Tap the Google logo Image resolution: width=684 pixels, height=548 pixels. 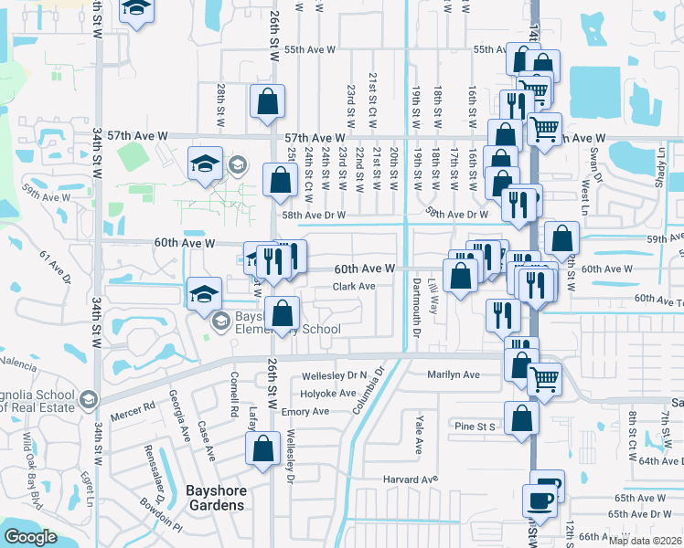pyautogui.click(x=30, y=537)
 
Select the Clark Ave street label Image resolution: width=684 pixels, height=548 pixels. pyautogui.click(x=354, y=287)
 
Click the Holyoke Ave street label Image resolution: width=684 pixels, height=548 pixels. pyautogui.click(x=329, y=394)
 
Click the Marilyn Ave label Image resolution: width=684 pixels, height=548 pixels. pyautogui.click(x=454, y=374)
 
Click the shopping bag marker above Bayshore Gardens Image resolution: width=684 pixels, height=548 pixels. pyautogui.click(x=262, y=448)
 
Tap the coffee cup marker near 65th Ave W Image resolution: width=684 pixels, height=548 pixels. pyautogui.click(x=539, y=501)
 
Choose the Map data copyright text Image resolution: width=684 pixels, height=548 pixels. pyautogui.click(x=645, y=540)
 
